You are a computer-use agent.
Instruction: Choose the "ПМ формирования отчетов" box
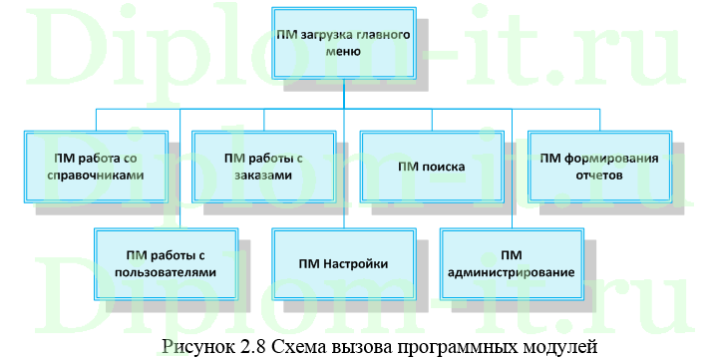click(x=598, y=166)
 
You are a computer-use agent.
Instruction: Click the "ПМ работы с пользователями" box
click(x=166, y=262)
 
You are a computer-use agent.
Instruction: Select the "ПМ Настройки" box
click(x=342, y=262)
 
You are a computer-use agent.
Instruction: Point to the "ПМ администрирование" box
click(x=511, y=262)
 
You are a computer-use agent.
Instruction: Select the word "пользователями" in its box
click(x=166, y=271)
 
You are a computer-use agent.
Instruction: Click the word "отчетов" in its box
click(x=598, y=175)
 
